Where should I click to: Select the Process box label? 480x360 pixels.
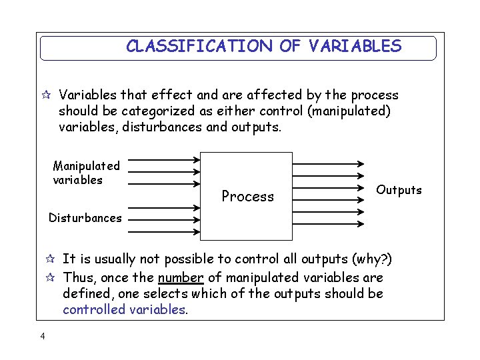247,196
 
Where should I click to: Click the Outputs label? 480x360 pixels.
399,190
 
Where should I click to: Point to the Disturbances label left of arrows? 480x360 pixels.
85,217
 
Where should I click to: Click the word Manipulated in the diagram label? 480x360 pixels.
87,165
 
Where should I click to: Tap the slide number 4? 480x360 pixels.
43,336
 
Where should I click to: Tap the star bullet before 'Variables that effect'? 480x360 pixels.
45,95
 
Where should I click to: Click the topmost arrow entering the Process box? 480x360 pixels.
164,159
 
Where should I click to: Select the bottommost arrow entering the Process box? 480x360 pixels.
164,231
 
